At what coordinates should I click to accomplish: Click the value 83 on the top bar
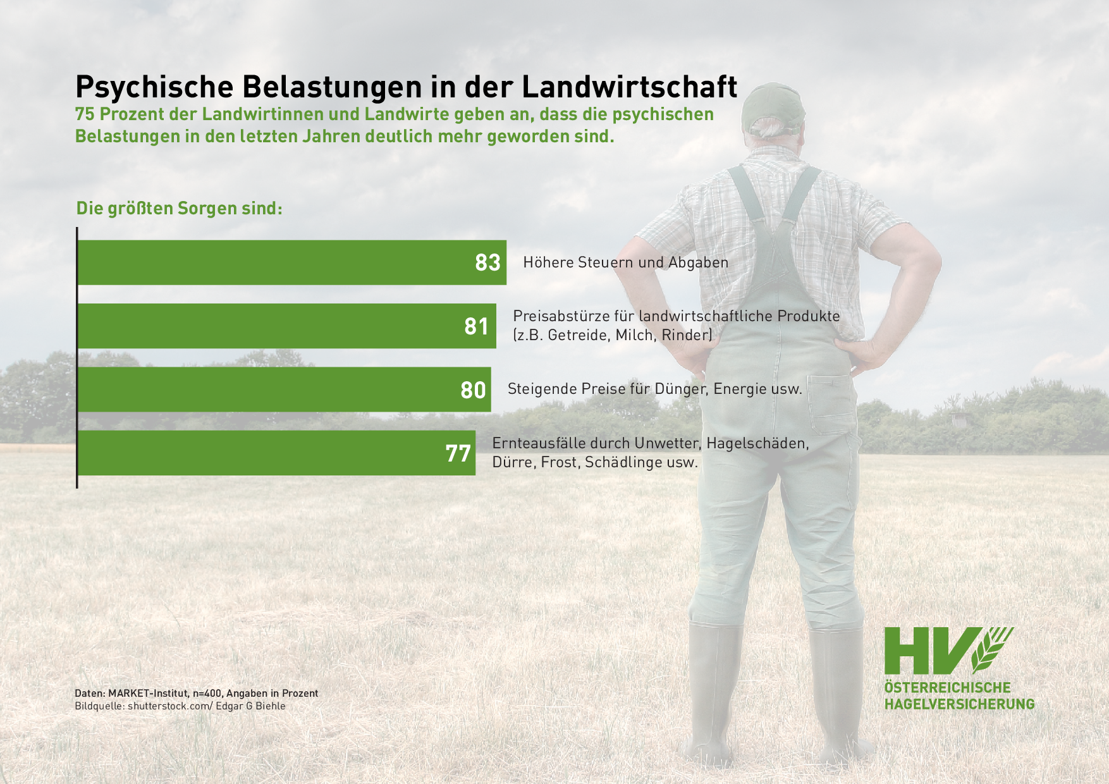pos(487,262)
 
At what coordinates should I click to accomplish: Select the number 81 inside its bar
pos(476,326)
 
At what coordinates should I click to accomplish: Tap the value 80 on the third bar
pos(473,390)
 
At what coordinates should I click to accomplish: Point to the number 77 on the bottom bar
pos(458,453)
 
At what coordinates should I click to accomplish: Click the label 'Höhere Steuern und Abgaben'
pos(625,262)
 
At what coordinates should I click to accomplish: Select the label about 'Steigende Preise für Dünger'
pos(654,389)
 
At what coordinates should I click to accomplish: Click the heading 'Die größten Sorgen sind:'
pos(179,208)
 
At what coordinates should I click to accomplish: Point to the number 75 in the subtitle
pos(85,114)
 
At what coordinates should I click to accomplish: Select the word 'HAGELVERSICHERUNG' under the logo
pos(959,704)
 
